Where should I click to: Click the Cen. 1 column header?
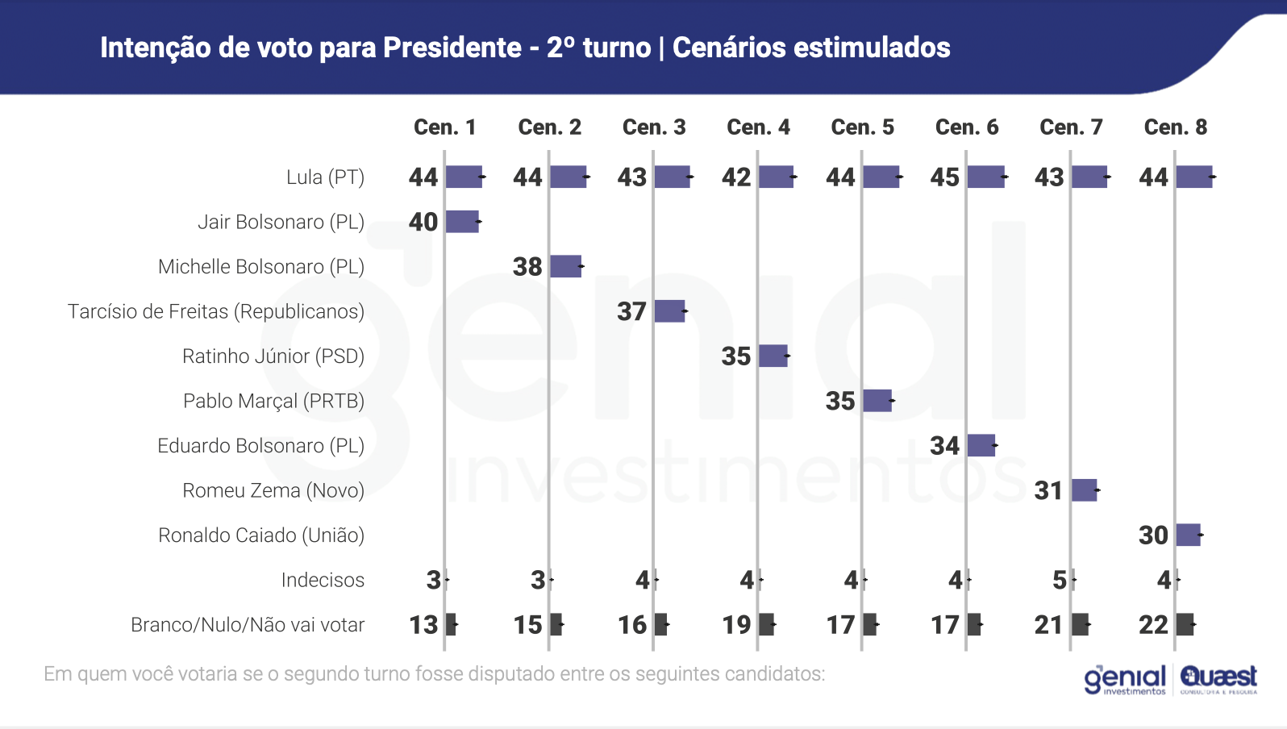(444, 127)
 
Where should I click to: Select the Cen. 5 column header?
(862, 127)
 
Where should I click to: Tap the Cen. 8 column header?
(1175, 127)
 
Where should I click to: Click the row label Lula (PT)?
(325, 177)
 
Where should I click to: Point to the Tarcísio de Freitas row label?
(216, 311)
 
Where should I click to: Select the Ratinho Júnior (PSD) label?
(273, 356)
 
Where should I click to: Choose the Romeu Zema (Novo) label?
(273, 490)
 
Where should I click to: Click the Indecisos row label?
(323, 580)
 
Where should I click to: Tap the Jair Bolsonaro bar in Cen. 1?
(462, 222)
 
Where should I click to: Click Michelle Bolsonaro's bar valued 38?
(565, 266)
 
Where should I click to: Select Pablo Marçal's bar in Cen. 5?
(877, 401)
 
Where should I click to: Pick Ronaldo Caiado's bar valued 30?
(1188, 535)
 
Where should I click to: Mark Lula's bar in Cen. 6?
(986, 177)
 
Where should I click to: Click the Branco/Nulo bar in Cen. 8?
(1185, 624)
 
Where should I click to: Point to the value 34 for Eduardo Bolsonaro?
(944, 446)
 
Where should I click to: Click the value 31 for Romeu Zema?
(1048, 490)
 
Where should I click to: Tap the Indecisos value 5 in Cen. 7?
(1060, 580)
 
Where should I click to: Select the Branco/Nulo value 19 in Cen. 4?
(736, 625)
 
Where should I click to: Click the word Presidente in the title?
(452, 48)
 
